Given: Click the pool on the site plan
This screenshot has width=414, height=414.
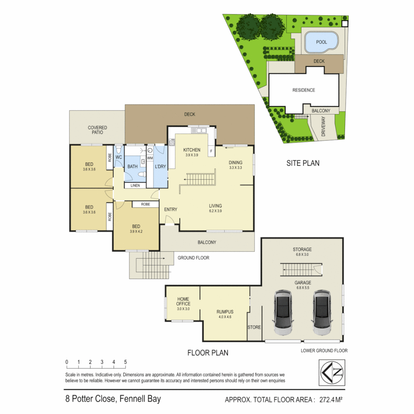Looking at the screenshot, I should pos(322,42).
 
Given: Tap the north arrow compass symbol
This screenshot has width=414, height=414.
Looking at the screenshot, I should pos(332,372).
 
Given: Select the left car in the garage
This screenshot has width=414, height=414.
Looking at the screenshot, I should pos(284,312).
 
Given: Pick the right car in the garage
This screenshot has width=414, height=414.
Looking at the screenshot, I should pos(322,312).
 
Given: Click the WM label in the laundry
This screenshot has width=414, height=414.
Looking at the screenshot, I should pos(149,158).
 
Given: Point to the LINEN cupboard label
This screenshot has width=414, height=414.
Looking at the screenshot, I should pos(135,186).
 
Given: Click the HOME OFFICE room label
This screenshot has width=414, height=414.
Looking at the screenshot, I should pos(183,301).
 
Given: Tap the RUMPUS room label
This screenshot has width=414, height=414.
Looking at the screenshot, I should pos(225,312).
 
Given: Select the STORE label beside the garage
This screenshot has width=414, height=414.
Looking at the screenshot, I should pos(254,327).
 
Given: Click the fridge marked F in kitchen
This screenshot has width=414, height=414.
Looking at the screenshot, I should pos(211,152).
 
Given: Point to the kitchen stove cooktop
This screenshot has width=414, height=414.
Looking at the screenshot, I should pos(171,142).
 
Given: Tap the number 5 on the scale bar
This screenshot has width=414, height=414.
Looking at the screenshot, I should pos(125,362).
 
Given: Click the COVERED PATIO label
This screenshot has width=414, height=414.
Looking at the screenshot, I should pos(97,130).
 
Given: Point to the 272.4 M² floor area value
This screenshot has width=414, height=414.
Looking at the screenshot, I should pos(329,400).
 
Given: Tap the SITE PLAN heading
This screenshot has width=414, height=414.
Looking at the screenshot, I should pos(303,163).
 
